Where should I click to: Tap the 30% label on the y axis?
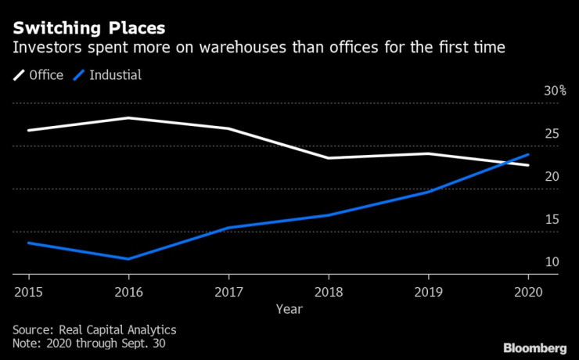[555, 91]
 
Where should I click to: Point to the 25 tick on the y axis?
[552, 134]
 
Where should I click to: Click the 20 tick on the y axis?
[552, 177]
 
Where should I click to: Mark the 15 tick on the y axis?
[552, 219]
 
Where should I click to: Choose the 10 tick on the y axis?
[552, 262]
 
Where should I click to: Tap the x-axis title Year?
[289, 308]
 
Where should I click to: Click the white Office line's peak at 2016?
[128, 118]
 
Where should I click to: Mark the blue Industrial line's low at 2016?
[128, 258]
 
